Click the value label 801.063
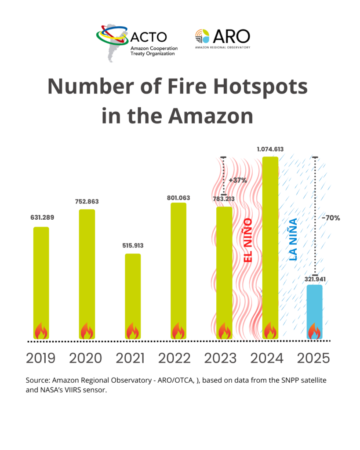(178, 198)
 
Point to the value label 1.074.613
(270, 149)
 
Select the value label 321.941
(314, 279)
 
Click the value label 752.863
(87, 202)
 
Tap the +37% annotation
(238, 180)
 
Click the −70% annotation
(331, 218)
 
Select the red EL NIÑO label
(248, 241)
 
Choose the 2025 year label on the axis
(313, 358)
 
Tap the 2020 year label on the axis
(86, 358)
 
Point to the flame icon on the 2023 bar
(225, 331)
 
